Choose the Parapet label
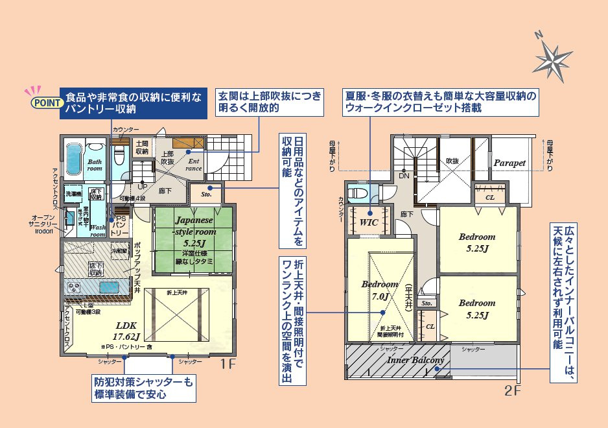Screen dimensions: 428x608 (x=509, y=163)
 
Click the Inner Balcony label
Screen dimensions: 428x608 (x=415, y=361)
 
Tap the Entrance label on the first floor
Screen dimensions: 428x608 (x=194, y=165)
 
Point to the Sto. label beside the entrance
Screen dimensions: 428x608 (x=207, y=193)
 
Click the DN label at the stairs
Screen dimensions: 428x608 (x=404, y=176)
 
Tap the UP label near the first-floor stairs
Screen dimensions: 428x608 (x=141, y=186)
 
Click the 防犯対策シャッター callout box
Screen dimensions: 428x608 (x=143, y=388)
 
